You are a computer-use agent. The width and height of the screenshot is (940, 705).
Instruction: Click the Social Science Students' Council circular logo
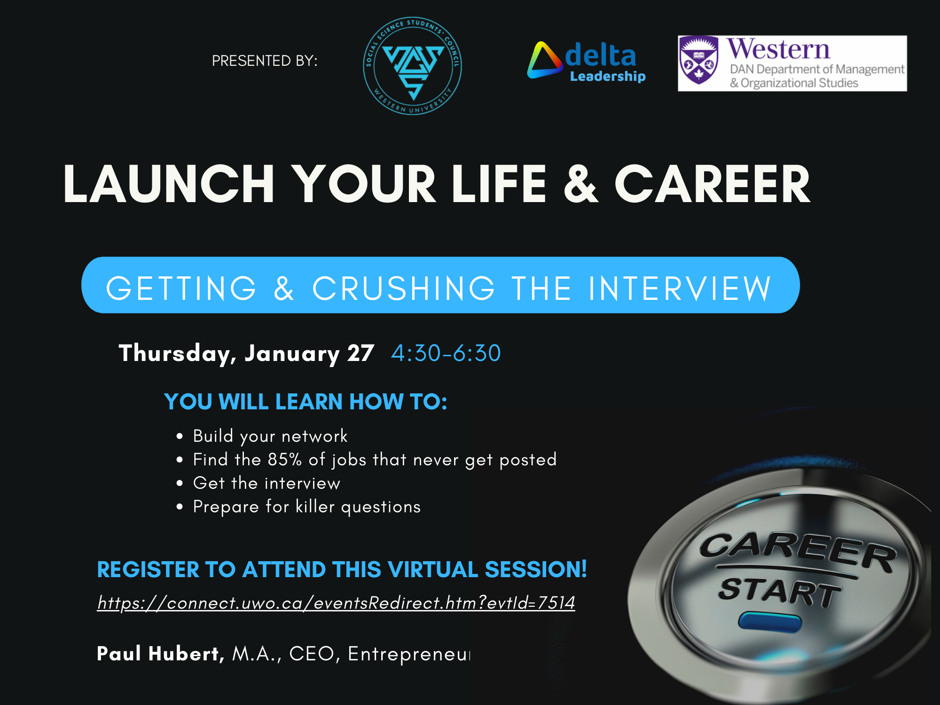tap(412, 66)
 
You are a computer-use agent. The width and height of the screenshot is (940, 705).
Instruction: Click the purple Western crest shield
tap(698, 60)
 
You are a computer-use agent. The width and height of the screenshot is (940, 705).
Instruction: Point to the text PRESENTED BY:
tap(265, 61)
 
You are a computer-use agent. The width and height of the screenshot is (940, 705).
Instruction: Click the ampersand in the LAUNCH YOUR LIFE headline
tap(581, 184)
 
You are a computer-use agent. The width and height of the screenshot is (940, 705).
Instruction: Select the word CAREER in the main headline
tap(712, 184)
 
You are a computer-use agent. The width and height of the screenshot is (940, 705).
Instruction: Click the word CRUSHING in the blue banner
tap(403, 288)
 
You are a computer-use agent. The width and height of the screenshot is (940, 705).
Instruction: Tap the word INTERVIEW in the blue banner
tap(680, 288)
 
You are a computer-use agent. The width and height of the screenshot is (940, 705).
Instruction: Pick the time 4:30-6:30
tap(446, 353)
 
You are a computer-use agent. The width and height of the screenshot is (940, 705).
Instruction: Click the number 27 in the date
tap(360, 353)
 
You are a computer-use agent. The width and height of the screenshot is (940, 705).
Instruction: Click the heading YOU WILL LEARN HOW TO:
tap(305, 402)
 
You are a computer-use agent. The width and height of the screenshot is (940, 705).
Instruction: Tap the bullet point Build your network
tap(270, 436)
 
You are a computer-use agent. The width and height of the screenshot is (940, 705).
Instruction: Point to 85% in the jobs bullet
tap(285, 460)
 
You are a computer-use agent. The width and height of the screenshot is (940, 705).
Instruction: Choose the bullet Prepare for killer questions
tap(306, 507)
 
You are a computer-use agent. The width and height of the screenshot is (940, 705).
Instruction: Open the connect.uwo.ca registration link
tap(336, 603)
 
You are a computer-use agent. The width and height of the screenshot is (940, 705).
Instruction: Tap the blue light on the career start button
tap(769, 621)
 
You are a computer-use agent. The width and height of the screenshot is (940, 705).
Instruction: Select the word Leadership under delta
tap(607, 76)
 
